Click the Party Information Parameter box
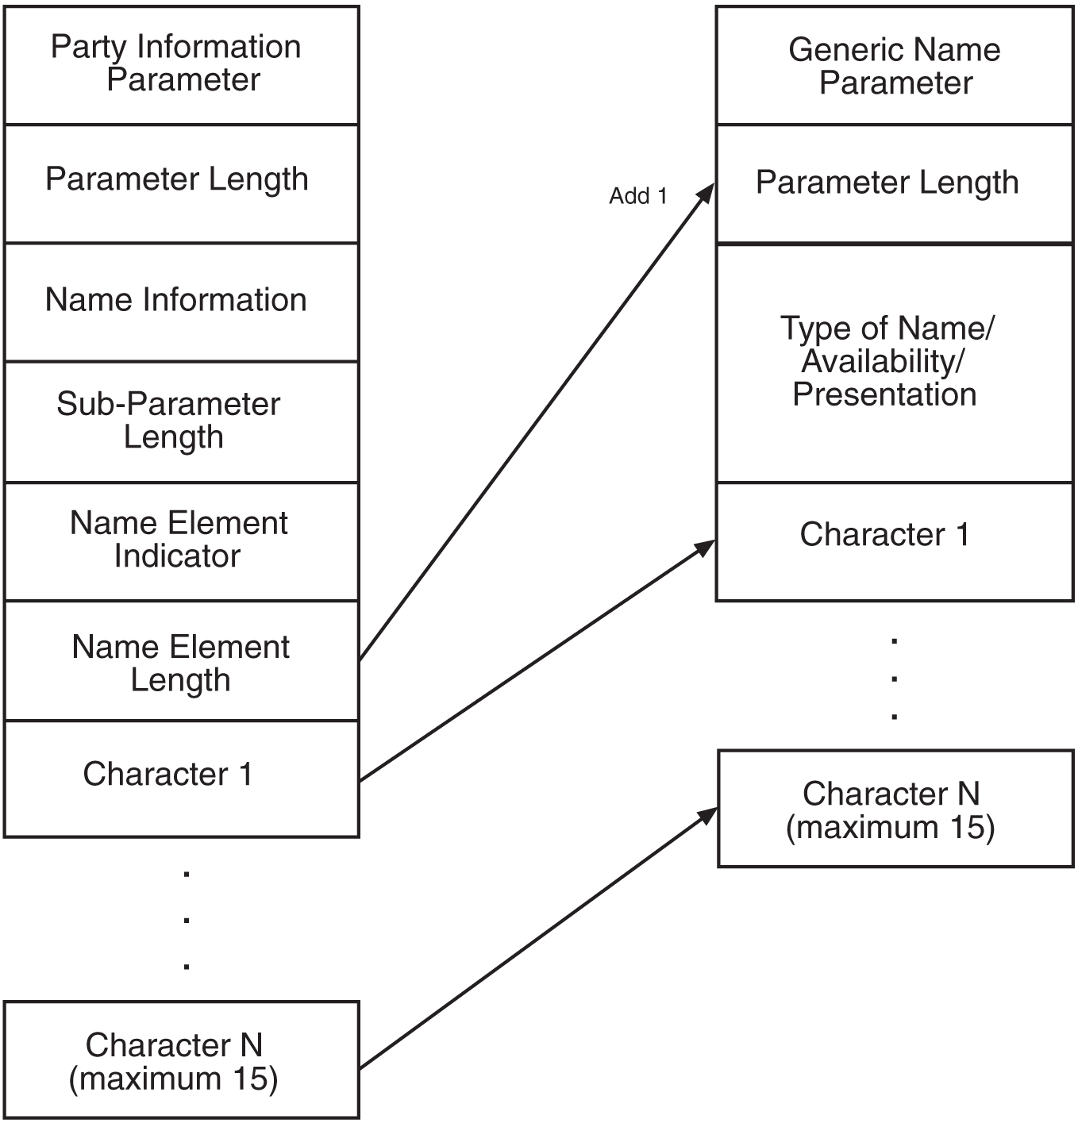click(182, 64)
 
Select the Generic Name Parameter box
click(894, 66)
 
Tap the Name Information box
click(182, 301)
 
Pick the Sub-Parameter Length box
click(182, 421)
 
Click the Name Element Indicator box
click(182, 540)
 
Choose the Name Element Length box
click(182, 661)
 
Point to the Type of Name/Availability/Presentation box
click(894, 363)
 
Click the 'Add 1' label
click(637, 196)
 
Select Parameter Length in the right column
click(894, 183)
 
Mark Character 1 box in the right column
click(894, 540)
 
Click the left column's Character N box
click(182, 1060)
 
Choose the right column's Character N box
click(895, 809)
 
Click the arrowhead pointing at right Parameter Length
click(705, 194)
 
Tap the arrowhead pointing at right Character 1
click(705, 548)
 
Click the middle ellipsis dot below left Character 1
click(187, 921)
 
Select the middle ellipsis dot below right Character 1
click(895, 679)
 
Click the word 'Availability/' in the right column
click(883, 362)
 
